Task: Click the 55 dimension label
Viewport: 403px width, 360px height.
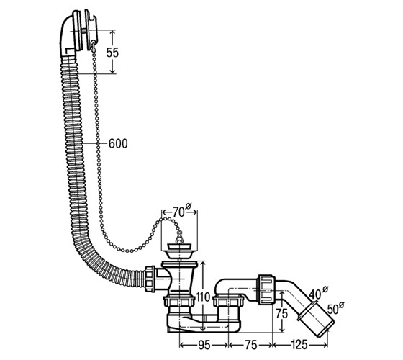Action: (x=112, y=53)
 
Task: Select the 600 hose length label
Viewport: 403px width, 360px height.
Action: (x=118, y=143)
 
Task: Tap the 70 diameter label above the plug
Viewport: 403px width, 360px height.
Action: (x=182, y=212)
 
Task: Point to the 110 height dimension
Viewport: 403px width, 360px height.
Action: (x=203, y=297)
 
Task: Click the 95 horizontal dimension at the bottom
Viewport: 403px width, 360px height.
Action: (x=204, y=345)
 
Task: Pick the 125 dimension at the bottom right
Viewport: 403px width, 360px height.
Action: (x=299, y=345)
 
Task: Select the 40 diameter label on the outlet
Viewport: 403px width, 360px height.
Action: (x=319, y=293)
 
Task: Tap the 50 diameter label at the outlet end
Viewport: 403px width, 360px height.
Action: (x=335, y=308)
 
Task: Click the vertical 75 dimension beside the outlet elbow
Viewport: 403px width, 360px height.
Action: (x=281, y=313)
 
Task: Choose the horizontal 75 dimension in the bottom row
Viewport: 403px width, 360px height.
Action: (x=250, y=345)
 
